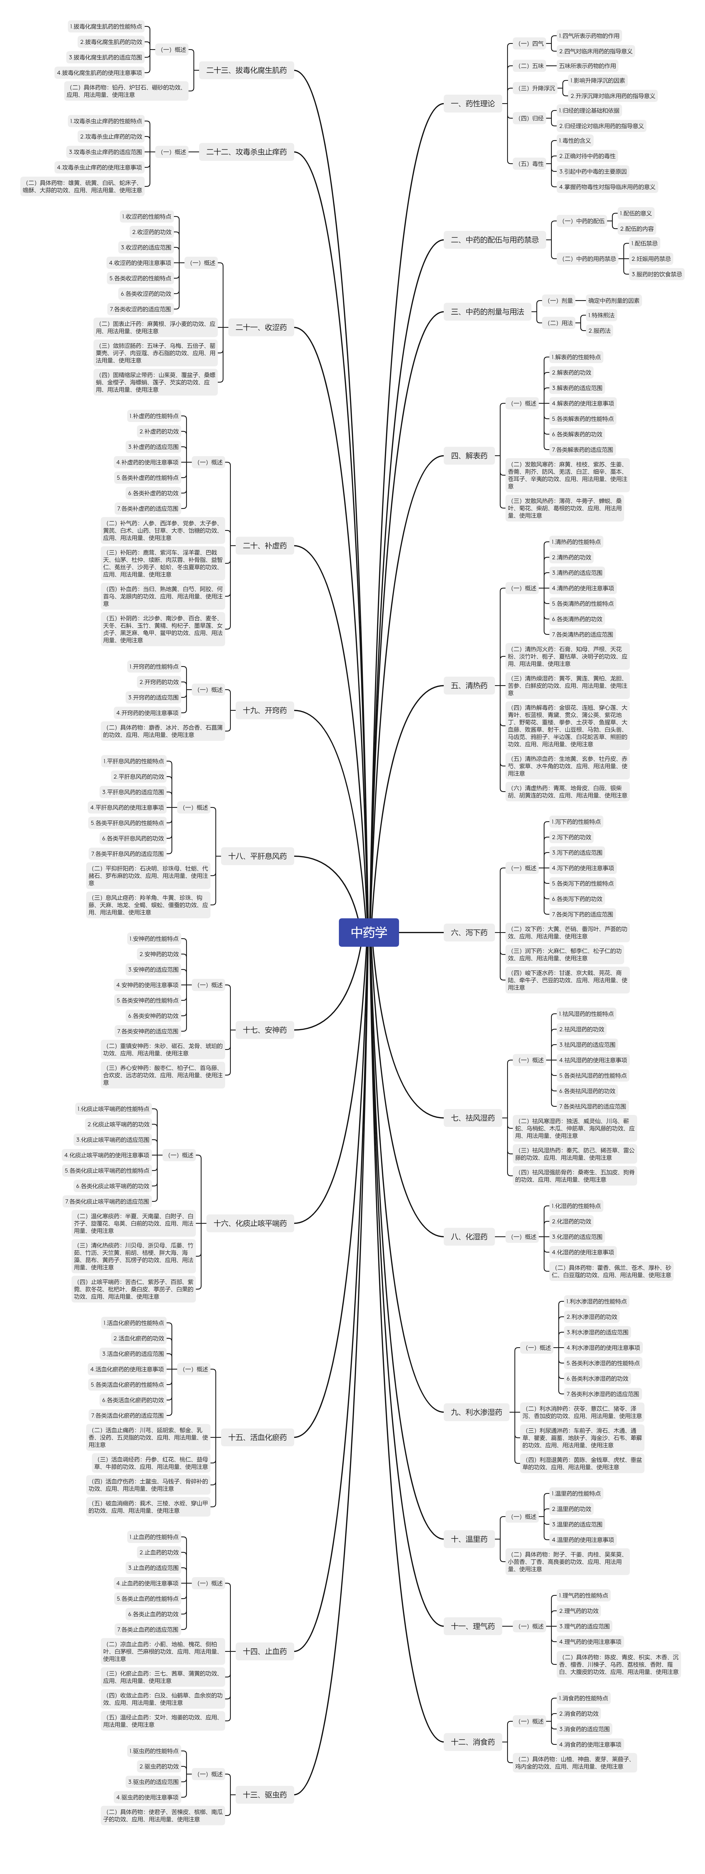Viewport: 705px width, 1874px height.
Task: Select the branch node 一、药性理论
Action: pyautogui.click(x=472, y=103)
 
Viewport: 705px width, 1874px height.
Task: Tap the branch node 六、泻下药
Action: pyautogui.click(x=469, y=932)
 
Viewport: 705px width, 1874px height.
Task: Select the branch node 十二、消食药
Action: pyautogui.click(x=472, y=1742)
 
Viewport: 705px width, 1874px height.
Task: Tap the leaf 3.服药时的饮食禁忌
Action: pyautogui.click(x=656, y=274)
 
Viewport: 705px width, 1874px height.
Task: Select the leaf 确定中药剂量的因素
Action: pyautogui.click(x=613, y=300)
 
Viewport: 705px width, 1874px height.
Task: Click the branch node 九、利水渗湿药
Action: pyautogui.click(x=476, y=1412)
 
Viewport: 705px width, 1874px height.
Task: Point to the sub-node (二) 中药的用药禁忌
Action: pyautogui.click(x=589, y=258)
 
